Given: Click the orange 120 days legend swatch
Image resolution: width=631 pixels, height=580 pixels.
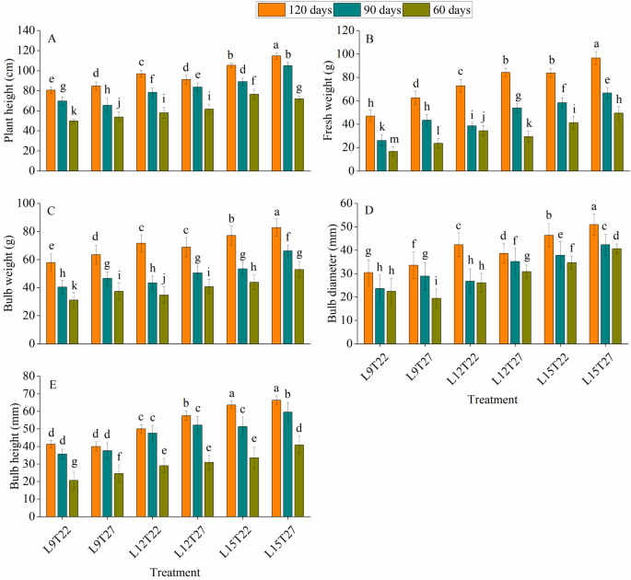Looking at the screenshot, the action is [x=272, y=9].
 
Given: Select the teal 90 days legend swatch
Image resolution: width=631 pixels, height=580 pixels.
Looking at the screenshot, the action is [x=346, y=9].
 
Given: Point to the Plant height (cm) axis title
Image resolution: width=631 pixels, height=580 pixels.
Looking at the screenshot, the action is [x=8, y=100].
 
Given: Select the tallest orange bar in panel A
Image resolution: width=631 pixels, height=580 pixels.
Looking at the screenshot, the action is [x=276, y=113].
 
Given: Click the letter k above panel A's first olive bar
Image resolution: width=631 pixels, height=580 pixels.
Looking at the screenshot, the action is [x=74, y=111].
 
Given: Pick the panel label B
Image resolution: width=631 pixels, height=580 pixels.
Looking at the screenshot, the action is [x=369, y=39].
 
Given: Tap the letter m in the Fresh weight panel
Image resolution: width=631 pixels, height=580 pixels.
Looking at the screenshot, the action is [x=394, y=139].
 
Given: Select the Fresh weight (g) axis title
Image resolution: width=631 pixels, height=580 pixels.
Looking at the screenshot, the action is [x=328, y=100].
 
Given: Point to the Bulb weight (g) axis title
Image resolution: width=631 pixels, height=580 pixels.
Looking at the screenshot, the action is [x=8, y=273].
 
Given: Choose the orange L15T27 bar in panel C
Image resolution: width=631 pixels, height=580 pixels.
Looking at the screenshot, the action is [x=276, y=285].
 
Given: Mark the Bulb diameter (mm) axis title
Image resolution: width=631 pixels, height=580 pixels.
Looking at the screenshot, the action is [x=332, y=273].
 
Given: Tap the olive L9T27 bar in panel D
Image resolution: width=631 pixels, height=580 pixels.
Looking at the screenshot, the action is [x=437, y=321].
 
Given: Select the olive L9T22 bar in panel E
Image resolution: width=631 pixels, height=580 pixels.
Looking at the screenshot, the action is [x=74, y=498].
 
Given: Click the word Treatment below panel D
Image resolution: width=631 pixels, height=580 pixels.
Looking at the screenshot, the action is [x=493, y=400].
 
